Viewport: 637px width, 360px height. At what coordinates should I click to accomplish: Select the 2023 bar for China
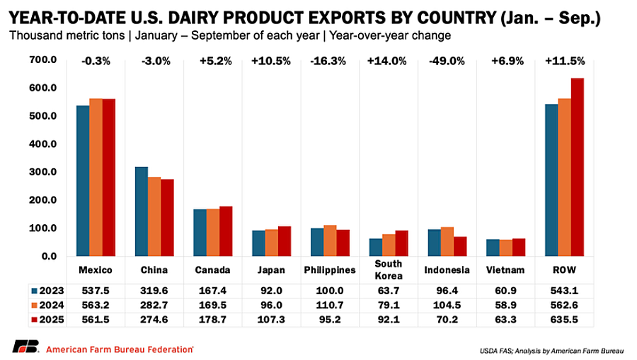tap(142, 211)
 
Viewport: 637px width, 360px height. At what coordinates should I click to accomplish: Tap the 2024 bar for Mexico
tap(96, 178)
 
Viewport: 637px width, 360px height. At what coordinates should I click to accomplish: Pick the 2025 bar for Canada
tap(226, 231)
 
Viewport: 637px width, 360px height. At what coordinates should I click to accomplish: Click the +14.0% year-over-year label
tap(387, 62)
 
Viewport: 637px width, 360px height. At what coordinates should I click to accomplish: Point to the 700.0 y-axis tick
tap(43, 61)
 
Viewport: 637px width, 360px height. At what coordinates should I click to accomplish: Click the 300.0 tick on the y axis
tap(43, 172)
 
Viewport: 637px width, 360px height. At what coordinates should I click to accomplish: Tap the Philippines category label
tap(329, 270)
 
